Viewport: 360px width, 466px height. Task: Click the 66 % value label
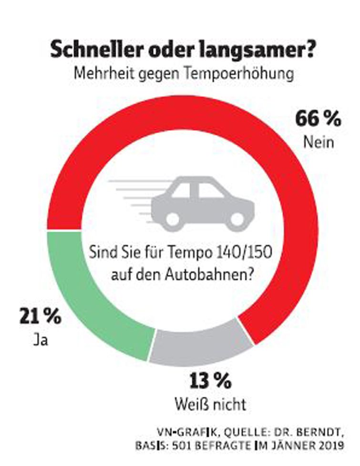coord(318,119)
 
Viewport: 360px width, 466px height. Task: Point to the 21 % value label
coord(40,317)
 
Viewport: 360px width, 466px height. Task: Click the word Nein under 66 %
coord(317,142)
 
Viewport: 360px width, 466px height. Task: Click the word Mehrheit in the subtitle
coord(104,75)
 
